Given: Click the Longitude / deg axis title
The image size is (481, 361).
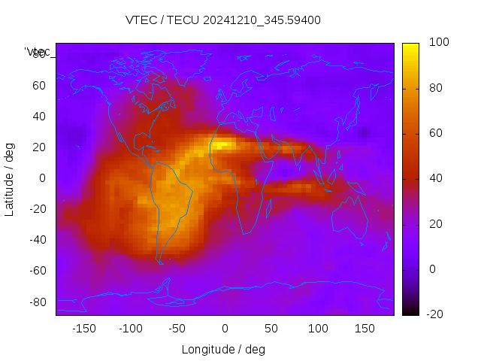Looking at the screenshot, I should click(x=223, y=350).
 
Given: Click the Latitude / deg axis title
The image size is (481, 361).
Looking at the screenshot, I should click(x=10, y=178).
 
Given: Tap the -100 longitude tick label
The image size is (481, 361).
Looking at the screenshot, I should click(x=131, y=329).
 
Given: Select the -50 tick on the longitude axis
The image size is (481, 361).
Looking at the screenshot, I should click(x=177, y=329).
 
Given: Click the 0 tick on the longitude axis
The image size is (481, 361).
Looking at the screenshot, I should click(x=224, y=329).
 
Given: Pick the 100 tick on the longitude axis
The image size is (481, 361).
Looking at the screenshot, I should click(x=318, y=329).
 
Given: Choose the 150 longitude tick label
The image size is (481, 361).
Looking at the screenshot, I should click(x=365, y=329).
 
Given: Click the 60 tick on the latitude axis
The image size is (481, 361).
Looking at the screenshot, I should click(x=39, y=86).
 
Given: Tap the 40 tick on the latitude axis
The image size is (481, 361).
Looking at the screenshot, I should click(x=39, y=117).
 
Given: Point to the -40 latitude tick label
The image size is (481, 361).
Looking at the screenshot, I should click(x=37, y=240).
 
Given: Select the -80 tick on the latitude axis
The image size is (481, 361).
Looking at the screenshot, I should click(x=37, y=302).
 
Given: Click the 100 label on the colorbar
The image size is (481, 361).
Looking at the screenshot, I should click(x=438, y=43).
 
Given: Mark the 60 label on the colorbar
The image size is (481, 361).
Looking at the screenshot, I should click(x=435, y=133).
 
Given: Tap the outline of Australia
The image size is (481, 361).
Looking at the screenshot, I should click(x=350, y=218).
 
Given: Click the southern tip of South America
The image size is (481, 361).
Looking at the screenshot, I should click(x=160, y=261).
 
